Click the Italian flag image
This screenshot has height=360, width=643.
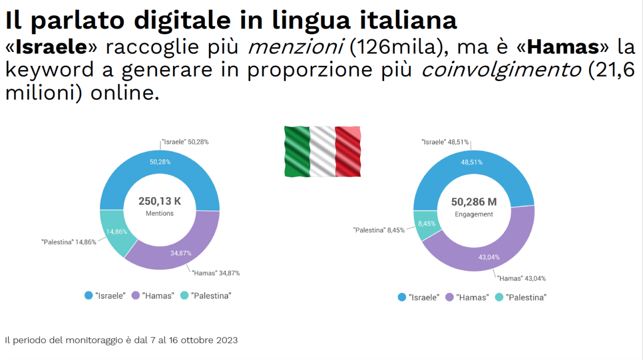coord(322,151)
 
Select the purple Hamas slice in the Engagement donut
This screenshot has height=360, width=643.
coord(482,252)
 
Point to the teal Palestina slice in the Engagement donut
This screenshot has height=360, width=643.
coord(426,224)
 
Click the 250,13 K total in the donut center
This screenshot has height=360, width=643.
coord(160,201)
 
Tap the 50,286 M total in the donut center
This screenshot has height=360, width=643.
coord(474,202)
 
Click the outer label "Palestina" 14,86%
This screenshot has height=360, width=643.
coord(69,242)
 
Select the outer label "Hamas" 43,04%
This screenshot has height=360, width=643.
coord(521,278)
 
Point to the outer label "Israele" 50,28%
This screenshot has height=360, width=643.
coord(185,142)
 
